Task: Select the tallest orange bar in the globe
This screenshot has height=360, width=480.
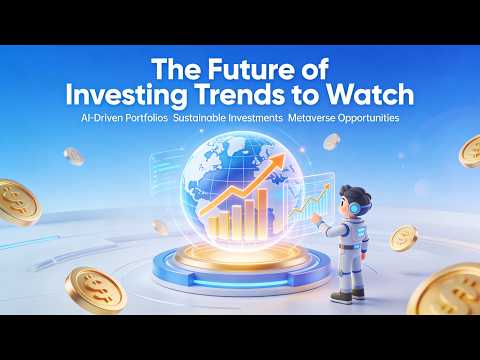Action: pyautogui.click(x=262, y=208)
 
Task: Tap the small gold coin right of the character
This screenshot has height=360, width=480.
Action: pyautogui.click(x=403, y=238)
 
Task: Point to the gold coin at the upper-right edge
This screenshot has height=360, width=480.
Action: pyautogui.click(x=471, y=152)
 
